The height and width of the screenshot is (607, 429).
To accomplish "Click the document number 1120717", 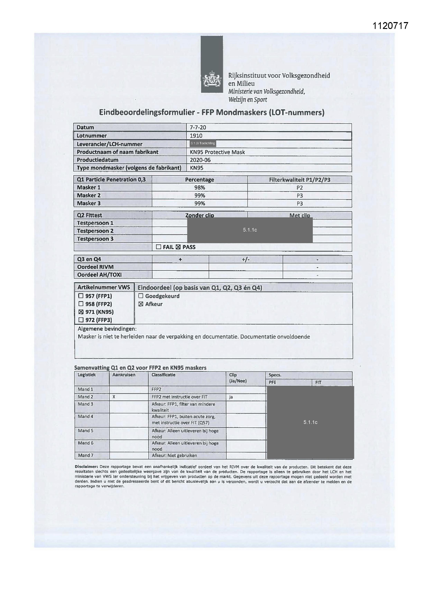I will point(390,26).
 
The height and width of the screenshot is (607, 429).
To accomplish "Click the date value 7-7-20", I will point(198,127).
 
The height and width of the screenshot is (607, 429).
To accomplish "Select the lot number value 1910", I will point(196,136).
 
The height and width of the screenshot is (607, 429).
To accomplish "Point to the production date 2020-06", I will point(200,160).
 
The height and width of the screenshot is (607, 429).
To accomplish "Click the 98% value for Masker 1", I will point(199,187).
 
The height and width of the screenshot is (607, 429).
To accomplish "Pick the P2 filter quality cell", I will point(300,188).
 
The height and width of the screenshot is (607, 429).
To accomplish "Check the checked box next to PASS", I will point(178,247).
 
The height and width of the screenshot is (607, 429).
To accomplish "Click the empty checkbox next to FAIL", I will point(158,247).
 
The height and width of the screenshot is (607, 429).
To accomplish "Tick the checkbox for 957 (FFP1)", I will point(81,296).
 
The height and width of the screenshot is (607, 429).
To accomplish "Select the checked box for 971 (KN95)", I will point(81,312).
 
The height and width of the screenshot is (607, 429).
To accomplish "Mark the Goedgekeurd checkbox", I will point(141,296).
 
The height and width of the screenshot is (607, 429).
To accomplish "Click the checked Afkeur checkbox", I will point(141,304).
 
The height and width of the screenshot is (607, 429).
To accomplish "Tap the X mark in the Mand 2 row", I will point(114,397).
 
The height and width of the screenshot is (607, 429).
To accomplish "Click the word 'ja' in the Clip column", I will point(231,397).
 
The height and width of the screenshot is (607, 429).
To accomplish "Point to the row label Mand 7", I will point(85,455).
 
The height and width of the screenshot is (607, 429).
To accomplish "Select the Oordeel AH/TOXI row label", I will point(99,275).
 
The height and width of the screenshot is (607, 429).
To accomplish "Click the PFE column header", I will point(272,382).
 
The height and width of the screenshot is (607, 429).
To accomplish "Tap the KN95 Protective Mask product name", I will point(217,152).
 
